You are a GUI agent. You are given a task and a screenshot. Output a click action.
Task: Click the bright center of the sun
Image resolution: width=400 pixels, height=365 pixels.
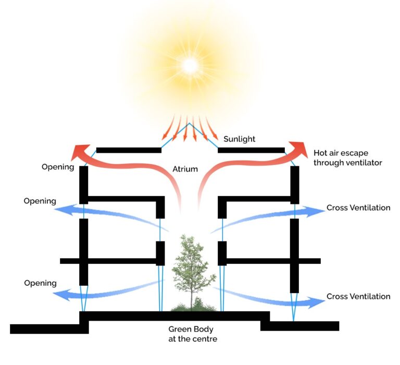(x=190, y=65)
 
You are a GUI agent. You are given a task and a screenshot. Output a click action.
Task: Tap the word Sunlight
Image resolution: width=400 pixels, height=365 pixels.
(x=240, y=139)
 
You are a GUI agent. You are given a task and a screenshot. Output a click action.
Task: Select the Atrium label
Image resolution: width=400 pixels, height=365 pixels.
(x=186, y=169)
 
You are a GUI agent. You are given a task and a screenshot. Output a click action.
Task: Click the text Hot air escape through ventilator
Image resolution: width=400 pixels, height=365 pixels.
(x=347, y=158)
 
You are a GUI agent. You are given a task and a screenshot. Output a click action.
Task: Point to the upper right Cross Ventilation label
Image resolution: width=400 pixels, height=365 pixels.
(x=358, y=208)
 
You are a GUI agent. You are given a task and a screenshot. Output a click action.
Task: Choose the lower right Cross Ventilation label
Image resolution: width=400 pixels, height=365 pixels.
(x=358, y=297)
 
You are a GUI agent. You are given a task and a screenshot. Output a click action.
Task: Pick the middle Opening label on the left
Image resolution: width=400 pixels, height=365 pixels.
(x=40, y=201)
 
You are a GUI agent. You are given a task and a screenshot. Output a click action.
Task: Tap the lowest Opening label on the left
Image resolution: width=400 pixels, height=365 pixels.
(x=40, y=283)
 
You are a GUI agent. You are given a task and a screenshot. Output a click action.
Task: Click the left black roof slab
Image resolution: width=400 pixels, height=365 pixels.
(x=129, y=150)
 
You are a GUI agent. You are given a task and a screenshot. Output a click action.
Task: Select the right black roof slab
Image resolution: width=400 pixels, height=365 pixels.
(x=251, y=150)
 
